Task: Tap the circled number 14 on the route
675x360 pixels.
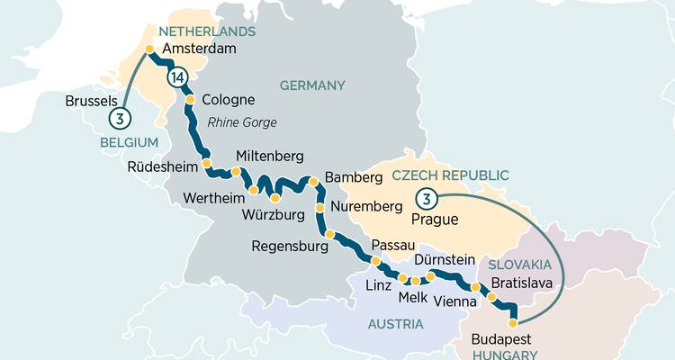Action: click(177, 79)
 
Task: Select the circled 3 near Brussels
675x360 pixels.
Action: click(119, 117)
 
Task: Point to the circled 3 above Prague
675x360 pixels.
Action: click(428, 198)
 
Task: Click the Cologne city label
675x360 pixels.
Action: click(229, 100)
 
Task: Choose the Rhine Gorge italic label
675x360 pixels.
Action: click(241, 122)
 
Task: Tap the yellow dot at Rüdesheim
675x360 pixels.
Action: click(207, 164)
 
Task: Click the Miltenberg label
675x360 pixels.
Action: click(269, 156)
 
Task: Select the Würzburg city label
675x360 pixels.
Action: click(274, 216)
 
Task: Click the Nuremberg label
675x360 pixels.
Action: click(365, 207)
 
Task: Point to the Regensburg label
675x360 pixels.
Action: click(291, 245)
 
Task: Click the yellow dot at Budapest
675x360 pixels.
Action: click(513, 321)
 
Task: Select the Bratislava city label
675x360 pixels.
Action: click(536, 283)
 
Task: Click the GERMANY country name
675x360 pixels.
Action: click(312, 85)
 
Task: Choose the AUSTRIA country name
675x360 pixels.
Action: click(393, 324)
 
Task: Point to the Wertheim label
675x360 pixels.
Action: click(212, 198)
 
